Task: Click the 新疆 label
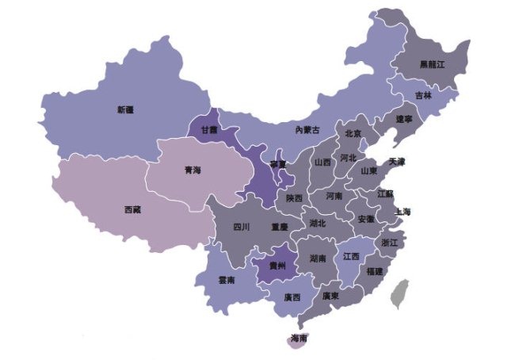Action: (124, 109)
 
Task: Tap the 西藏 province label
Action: (132, 210)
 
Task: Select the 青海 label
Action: (193, 170)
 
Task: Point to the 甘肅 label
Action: (209, 130)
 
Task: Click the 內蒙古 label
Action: (307, 129)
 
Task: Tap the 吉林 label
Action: (423, 95)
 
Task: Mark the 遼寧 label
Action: (405, 119)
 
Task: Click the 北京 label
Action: (353, 133)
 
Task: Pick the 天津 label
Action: (397, 162)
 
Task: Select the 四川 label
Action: (242, 227)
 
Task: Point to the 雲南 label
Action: (226, 280)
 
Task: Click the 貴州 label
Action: (277, 265)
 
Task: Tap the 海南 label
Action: (299, 339)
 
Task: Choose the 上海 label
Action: (402, 212)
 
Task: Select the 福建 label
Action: (374, 271)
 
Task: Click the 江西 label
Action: (351, 257)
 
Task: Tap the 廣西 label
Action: (292, 298)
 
